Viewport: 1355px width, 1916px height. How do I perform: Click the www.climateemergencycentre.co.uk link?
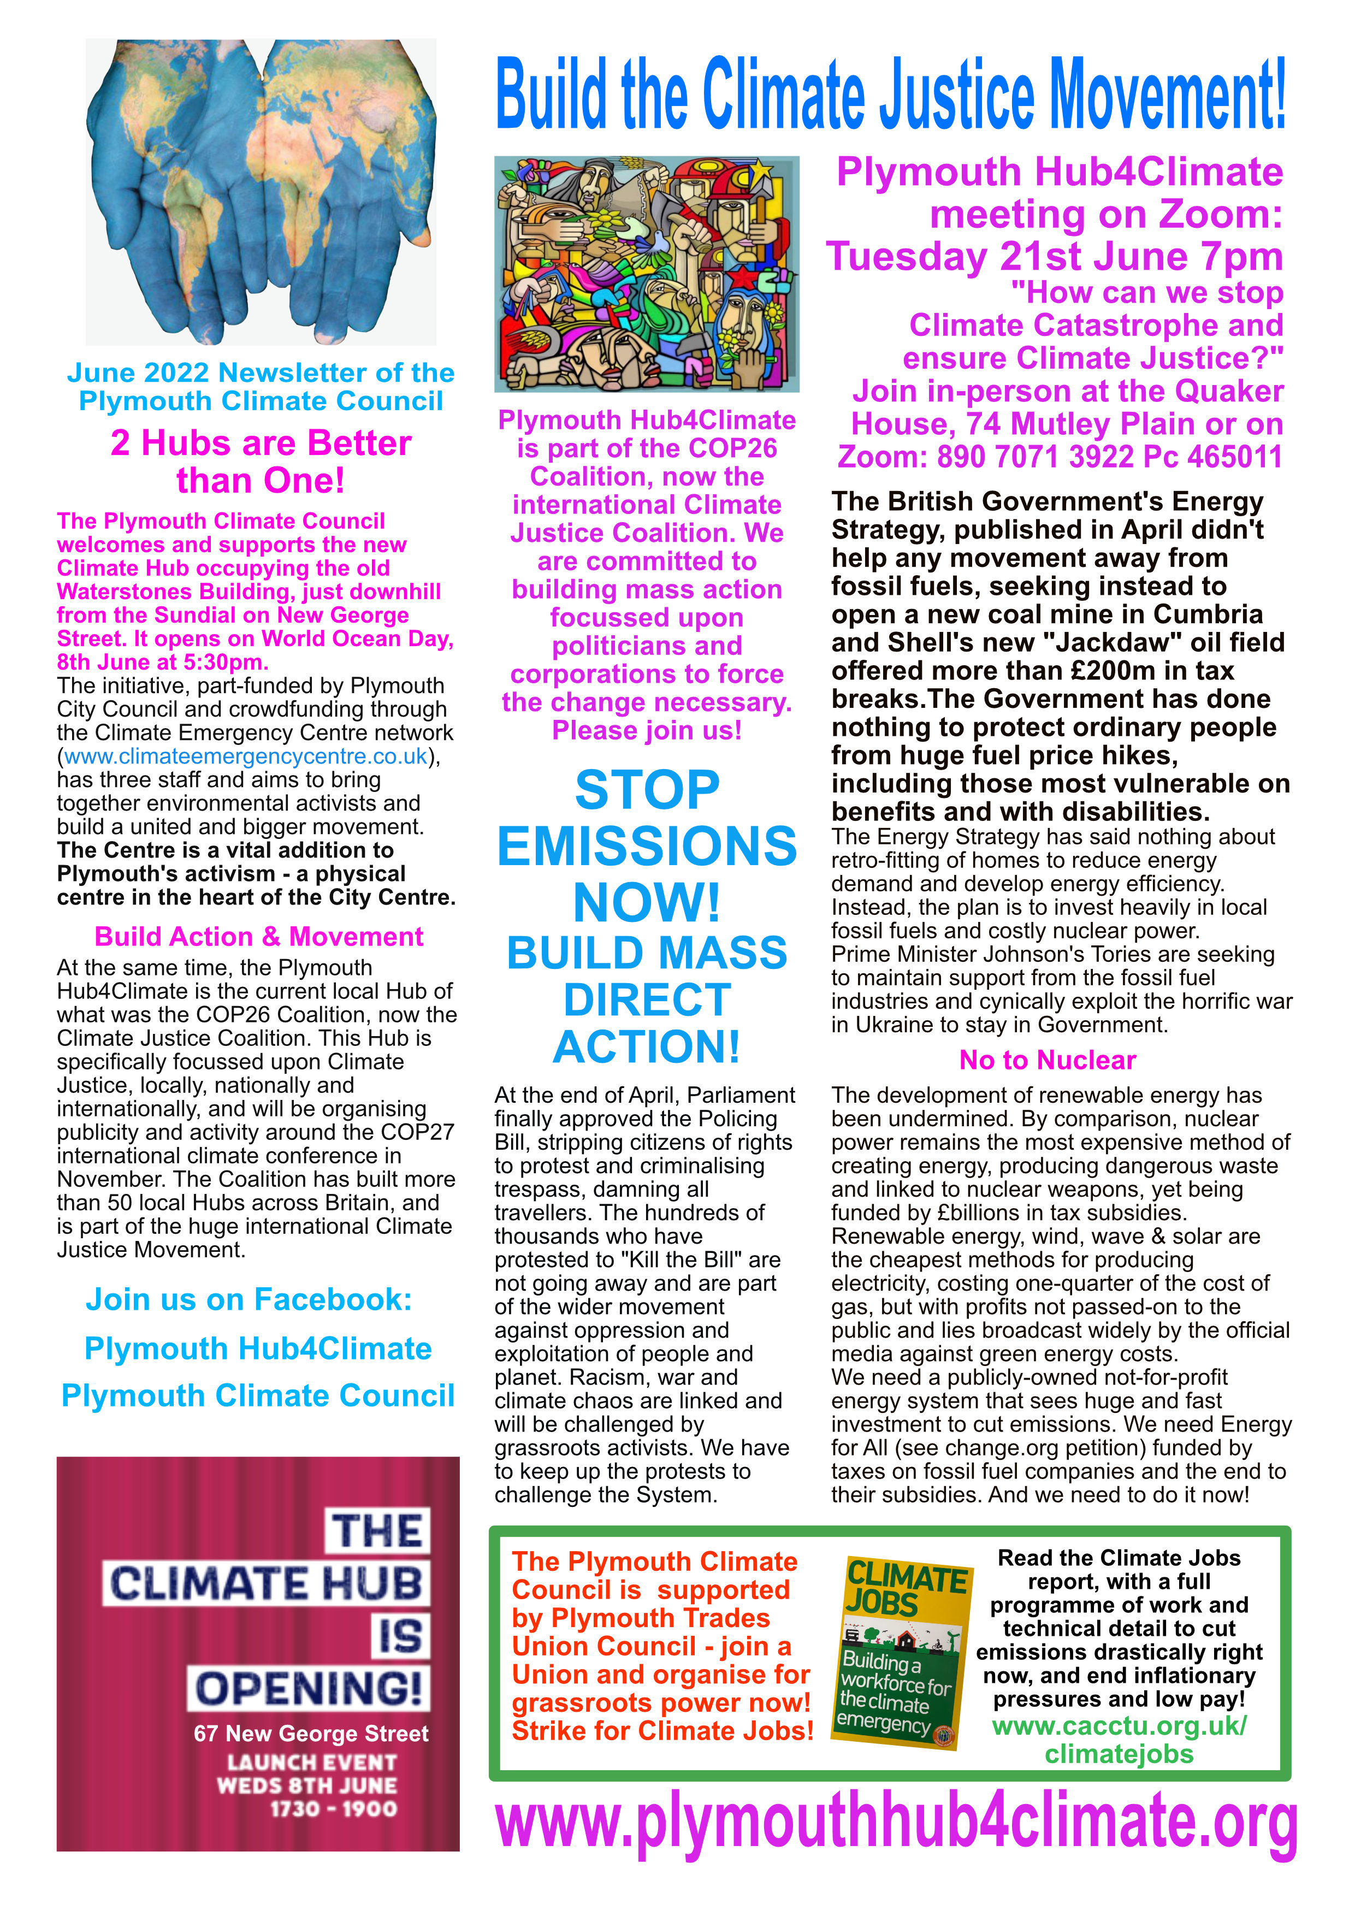(x=245, y=757)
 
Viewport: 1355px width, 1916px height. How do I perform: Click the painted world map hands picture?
(x=261, y=192)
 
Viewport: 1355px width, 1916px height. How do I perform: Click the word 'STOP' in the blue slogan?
(x=647, y=790)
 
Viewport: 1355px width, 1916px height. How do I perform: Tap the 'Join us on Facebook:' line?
(x=248, y=1299)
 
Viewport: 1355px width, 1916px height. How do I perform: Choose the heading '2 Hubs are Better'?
(x=261, y=443)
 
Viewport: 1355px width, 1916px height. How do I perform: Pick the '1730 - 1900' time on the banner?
(x=333, y=1809)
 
